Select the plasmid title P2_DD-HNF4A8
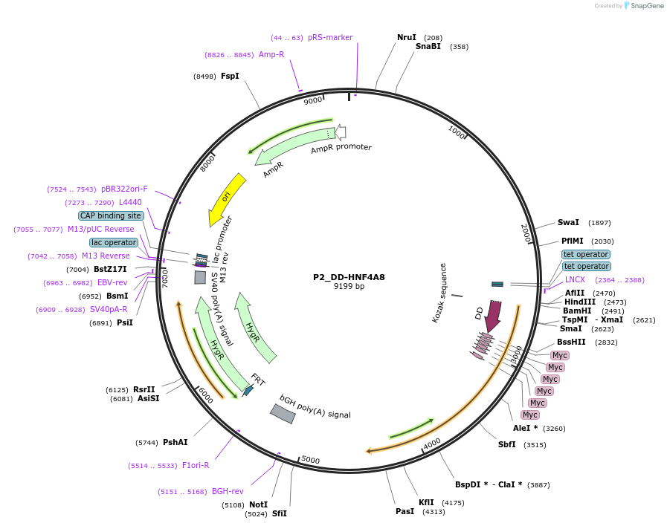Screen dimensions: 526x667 [349, 277]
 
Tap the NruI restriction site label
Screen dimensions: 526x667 [407, 37]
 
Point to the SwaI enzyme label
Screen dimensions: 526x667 [568, 222]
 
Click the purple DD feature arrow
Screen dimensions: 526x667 [492, 316]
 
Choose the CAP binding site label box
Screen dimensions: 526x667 [111, 215]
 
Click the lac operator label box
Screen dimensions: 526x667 [114, 242]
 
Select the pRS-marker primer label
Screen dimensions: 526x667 [330, 37]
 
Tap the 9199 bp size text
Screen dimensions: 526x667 [349, 286]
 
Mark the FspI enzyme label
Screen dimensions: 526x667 [230, 76]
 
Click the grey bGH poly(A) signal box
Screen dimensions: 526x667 [283, 414]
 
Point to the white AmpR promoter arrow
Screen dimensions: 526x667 [340, 132]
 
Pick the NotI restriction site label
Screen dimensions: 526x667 [258, 504]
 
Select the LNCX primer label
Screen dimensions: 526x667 [575, 279]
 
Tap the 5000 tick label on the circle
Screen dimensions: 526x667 [310, 461]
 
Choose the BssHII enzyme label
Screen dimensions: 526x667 [571, 342]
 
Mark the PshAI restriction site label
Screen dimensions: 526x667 [175, 442]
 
